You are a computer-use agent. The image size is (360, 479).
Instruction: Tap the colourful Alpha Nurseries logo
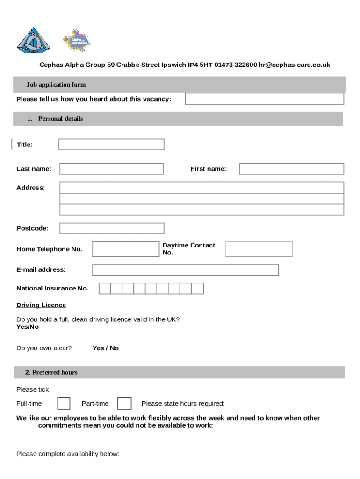76,41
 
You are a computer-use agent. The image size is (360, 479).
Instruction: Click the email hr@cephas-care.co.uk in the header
295,65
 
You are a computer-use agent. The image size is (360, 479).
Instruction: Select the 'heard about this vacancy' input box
264,99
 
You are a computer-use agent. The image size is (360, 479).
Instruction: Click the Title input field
111,145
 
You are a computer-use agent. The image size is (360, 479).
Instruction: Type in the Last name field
112,169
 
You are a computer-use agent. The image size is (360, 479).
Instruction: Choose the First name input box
291,169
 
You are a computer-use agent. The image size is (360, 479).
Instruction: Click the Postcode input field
112,228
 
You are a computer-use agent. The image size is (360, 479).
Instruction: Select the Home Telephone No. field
126,249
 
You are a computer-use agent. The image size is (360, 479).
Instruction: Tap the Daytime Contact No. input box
259,249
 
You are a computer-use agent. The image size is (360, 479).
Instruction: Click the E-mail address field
185,270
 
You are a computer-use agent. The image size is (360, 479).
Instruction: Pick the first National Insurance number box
105,289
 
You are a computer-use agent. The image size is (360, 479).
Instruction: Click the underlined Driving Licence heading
41,305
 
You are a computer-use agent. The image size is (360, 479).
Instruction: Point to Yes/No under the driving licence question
28,327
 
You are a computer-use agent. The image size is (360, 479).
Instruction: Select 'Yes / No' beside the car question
106,348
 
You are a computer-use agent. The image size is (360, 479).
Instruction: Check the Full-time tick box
64,403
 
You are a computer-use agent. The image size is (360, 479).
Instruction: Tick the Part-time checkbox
124,403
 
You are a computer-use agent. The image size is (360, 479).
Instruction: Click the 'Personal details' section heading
60,119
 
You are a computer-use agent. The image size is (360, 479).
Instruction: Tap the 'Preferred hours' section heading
55,372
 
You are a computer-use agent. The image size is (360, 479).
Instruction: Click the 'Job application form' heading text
56,85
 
